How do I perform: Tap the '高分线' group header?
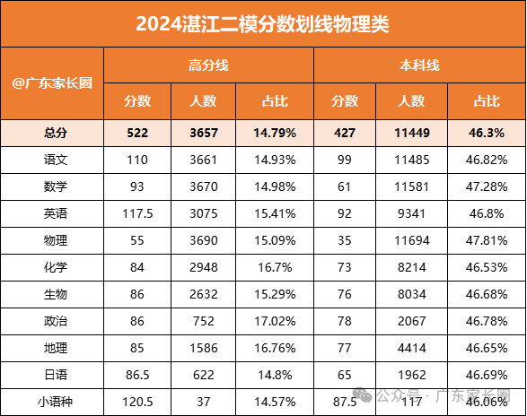coord(209,65)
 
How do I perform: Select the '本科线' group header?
coord(419,65)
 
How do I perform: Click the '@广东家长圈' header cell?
coord(53,82)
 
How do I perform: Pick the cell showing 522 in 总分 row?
coord(137,134)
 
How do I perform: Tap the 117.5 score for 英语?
coord(137,215)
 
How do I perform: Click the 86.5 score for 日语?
coord(137,375)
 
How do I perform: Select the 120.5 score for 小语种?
coord(137,401)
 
